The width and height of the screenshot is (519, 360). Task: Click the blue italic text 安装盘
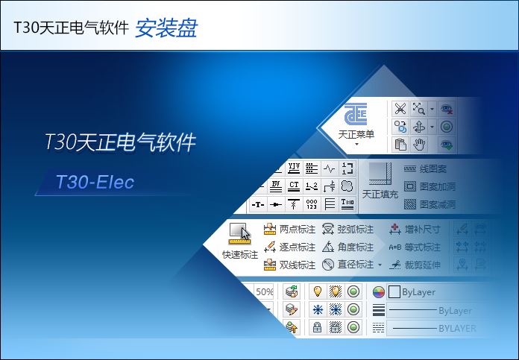(166, 28)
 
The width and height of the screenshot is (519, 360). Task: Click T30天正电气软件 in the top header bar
(71, 28)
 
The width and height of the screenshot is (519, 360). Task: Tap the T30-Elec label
(95, 182)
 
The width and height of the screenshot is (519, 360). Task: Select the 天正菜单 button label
(356, 134)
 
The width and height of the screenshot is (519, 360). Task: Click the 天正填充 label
(381, 194)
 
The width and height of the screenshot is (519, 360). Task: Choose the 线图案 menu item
(431, 169)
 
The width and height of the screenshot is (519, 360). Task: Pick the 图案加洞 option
(436, 186)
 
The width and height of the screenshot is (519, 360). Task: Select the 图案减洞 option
(436, 204)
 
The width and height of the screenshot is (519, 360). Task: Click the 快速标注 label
(240, 254)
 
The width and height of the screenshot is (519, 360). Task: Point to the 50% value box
(265, 291)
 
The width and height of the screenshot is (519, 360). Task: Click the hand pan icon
(421, 144)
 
